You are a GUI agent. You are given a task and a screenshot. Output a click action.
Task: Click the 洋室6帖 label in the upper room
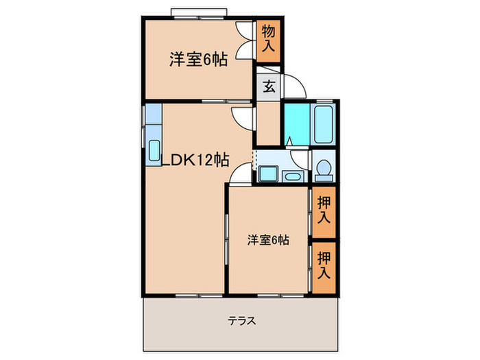pyautogui.click(x=199, y=59)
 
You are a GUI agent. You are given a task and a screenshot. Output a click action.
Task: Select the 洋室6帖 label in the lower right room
pyautogui.click(x=268, y=240)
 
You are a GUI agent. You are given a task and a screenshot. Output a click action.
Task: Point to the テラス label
pyautogui.click(x=241, y=320)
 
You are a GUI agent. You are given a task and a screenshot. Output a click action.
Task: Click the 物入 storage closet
pyautogui.click(x=269, y=40)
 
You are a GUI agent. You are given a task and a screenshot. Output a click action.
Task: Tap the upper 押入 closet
pyautogui.click(x=325, y=211)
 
